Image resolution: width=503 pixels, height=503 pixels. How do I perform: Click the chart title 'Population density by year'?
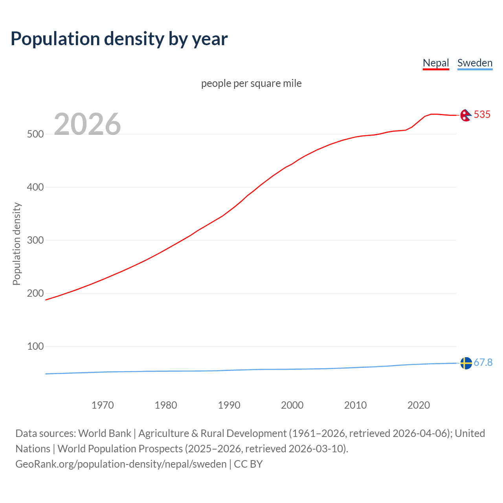(x=119, y=39)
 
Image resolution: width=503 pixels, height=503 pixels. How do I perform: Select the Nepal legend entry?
(x=436, y=63)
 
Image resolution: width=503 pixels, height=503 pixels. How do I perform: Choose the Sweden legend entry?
(x=475, y=63)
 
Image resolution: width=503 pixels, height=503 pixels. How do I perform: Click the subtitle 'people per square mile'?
(x=251, y=83)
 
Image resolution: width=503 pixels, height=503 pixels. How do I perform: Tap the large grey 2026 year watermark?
(x=87, y=124)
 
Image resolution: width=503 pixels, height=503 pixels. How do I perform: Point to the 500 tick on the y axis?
(x=35, y=134)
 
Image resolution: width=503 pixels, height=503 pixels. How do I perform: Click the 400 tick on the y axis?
(x=35, y=187)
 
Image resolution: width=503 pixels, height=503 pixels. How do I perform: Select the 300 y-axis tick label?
(x=35, y=240)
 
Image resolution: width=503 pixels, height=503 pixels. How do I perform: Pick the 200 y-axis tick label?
(x=35, y=293)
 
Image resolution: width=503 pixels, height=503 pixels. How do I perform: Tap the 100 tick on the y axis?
(x=35, y=346)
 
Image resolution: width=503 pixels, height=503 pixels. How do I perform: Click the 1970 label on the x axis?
(x=103, y=405)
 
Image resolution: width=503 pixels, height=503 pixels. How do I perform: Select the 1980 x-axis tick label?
(x=166, y=405)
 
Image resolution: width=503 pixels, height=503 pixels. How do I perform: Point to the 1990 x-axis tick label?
(x=229, y=405)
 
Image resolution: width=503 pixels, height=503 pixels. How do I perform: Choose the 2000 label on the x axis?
(x=292, y=405)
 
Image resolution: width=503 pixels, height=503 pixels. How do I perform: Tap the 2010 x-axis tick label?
(x=356, y=405)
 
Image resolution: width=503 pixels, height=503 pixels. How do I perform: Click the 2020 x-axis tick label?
(x=419, y=405)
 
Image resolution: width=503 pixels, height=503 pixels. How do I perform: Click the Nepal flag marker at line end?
(x=466, y=115)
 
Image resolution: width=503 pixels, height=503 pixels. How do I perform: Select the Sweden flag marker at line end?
(x=466, y=363)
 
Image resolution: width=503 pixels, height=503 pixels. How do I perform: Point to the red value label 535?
(x=482, y=114)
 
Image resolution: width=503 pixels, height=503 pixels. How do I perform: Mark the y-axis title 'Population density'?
(x=17, y=244)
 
